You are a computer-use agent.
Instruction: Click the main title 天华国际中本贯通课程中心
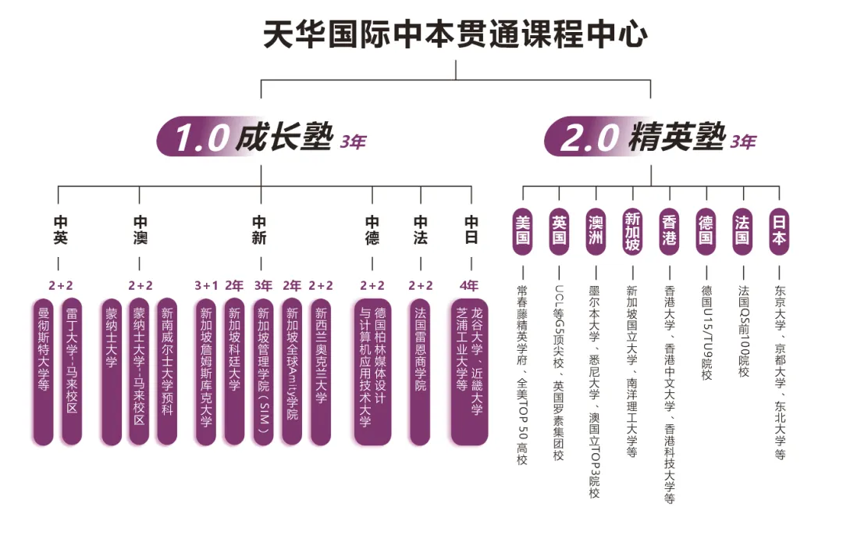click(455, 35)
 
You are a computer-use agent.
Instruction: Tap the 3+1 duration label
click(205, 286)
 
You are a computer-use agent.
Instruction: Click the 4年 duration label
click(470, 286)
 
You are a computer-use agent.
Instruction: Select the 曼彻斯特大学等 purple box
click(44, 371)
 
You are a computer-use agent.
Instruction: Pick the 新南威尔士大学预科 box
click(167, 371)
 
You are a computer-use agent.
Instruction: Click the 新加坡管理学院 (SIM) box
click(263, 371)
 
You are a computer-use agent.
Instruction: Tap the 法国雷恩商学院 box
click(420, 371)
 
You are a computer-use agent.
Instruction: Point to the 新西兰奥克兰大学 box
click(321, 371)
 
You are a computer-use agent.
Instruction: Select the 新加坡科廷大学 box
click(234, 371)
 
